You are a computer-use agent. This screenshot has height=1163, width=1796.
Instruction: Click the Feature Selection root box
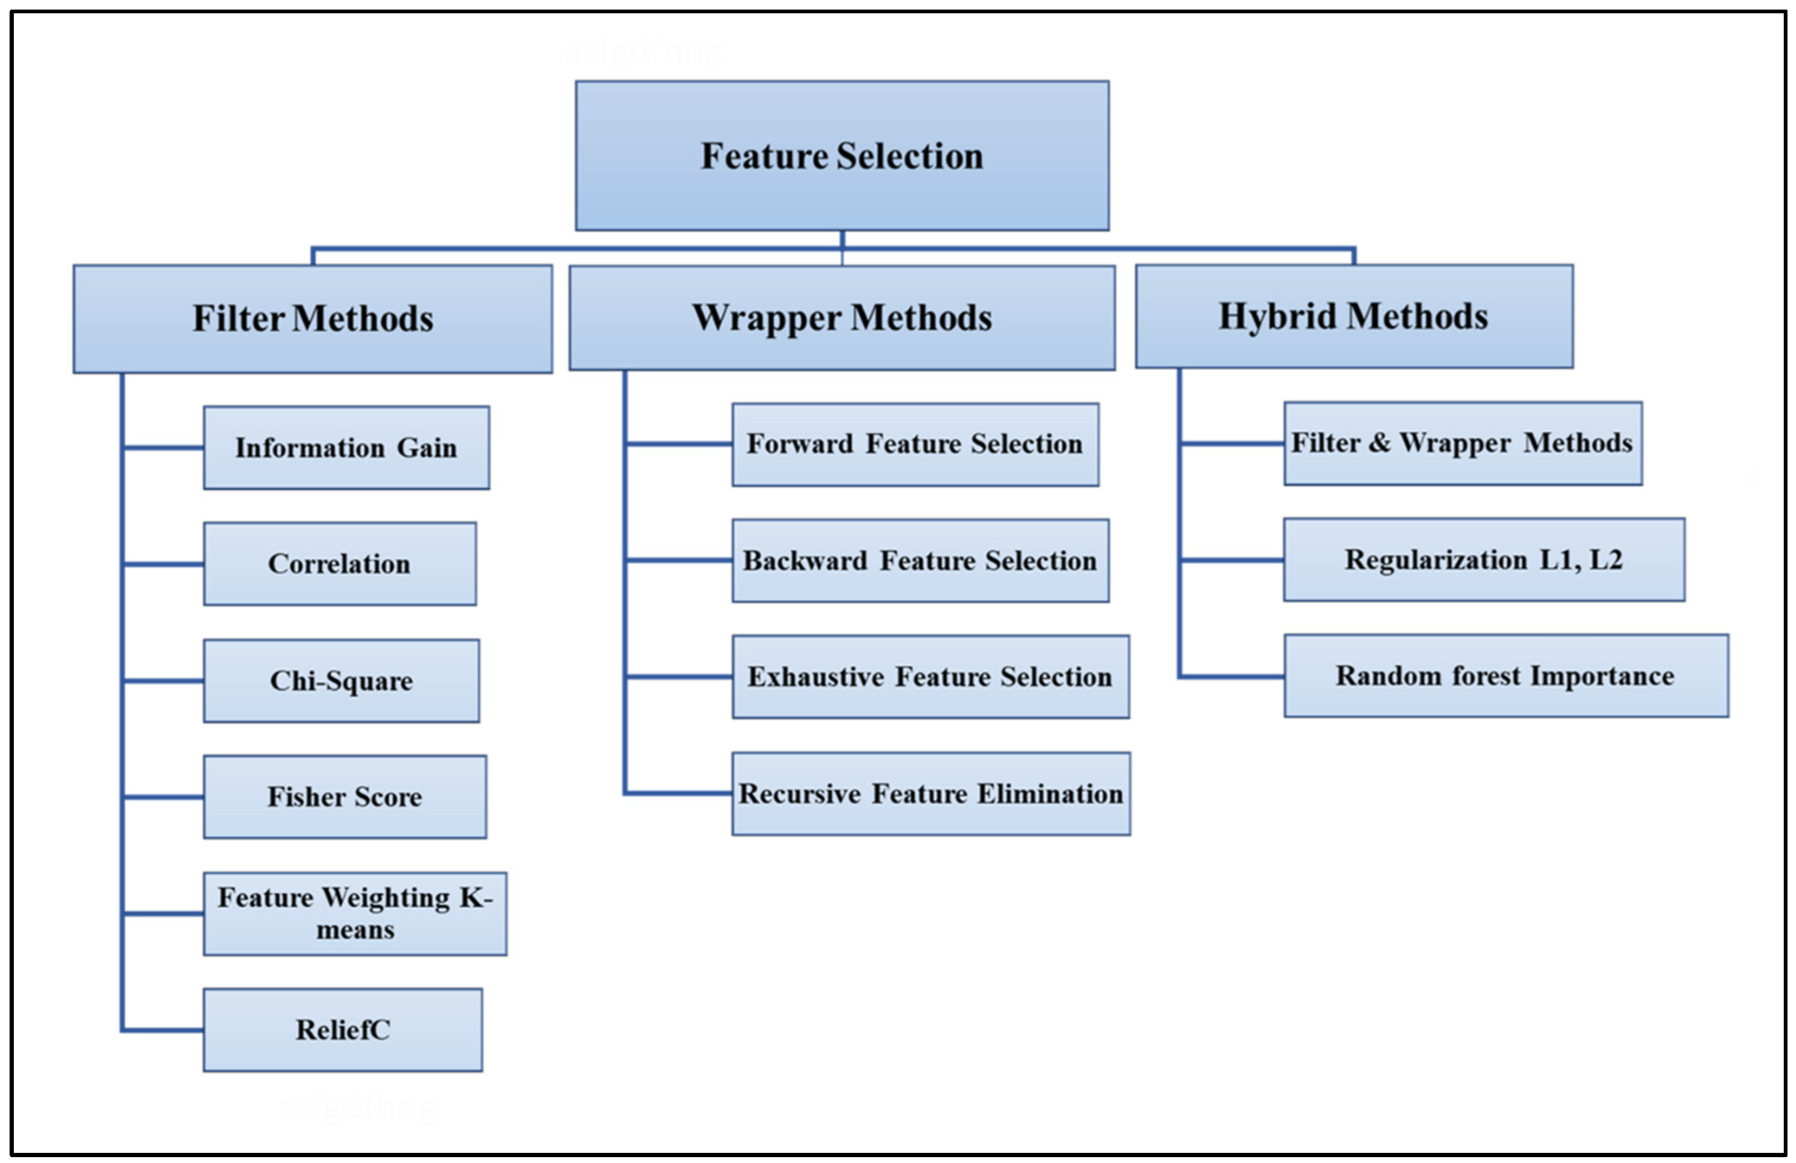point(842,155)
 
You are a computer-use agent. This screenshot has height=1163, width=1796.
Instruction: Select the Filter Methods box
point(313,318)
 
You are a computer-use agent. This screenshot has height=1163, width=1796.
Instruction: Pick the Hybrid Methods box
point(1354,316)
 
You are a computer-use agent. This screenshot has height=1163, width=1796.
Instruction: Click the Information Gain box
point(346,447)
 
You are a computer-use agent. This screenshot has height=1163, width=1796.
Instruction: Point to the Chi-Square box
point(341,681)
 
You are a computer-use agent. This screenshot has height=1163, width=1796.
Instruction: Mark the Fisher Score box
point(344,797)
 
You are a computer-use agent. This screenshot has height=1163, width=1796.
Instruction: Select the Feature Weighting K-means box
point(355,914)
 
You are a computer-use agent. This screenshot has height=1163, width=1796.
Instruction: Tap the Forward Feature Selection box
point(915,445)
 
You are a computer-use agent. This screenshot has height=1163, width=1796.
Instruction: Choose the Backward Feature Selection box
point(920,561)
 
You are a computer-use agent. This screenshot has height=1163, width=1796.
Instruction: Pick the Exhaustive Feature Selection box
point(930,677)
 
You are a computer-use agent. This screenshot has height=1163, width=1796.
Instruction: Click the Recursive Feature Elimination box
point(930,794)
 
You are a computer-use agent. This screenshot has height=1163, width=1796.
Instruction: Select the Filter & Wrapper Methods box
point(1463,443)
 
